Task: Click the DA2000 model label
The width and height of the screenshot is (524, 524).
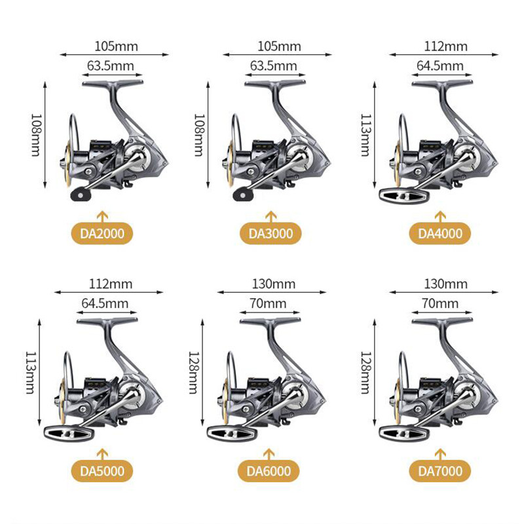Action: [101, 233]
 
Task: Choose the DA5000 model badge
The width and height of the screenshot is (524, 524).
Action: [101, 470]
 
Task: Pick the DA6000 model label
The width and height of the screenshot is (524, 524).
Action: [269, 470]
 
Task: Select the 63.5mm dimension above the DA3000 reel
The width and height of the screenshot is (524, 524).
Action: [273, 66]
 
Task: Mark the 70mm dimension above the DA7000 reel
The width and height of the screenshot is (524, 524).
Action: [440, 303]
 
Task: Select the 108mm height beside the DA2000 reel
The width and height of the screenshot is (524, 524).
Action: [37, 134]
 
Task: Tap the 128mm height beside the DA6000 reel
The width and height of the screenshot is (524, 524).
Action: [195, 371]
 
